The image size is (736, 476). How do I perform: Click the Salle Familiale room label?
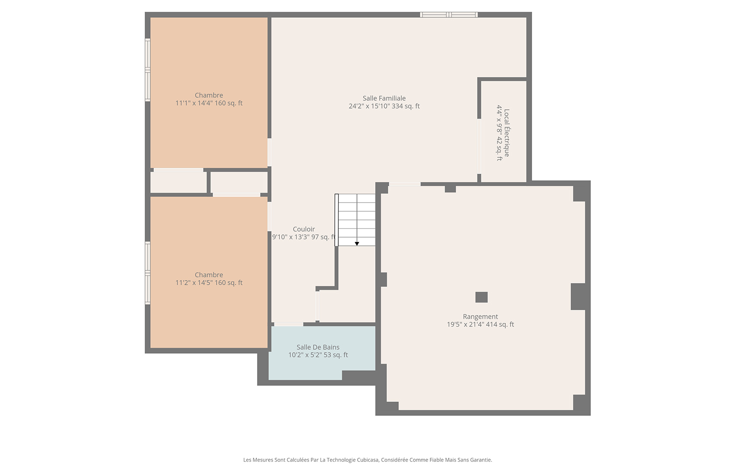coord(384,98)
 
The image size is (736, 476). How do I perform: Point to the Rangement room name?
coord(481,317)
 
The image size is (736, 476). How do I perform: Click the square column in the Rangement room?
coord(481,297)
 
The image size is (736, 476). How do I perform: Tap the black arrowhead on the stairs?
coord(357,244)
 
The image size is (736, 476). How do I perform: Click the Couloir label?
coord(303,229)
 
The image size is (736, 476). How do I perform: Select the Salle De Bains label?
coord(318,347)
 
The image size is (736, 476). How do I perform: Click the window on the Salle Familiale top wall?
coord(449,14)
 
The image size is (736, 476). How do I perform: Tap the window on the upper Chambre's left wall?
coord(148,70)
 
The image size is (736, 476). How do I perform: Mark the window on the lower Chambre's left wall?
coord(148,273)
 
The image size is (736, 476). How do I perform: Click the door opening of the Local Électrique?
coord(479,146)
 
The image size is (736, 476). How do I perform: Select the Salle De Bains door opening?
coord(288,324)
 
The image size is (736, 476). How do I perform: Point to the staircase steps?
coord(355,220)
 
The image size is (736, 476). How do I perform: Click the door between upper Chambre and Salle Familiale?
coord(269,152)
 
